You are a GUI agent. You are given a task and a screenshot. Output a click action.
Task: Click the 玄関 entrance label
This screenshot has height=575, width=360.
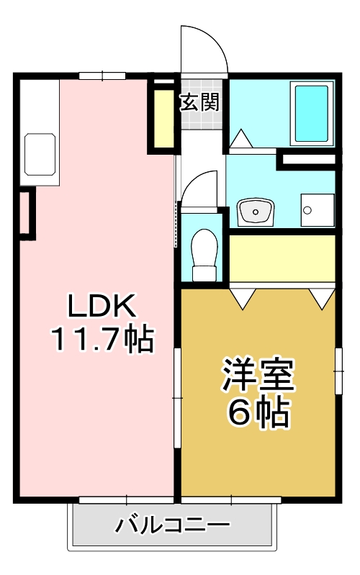[x=199, y=102]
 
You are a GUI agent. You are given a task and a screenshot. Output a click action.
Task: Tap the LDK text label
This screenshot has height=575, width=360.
[x=102, y=308]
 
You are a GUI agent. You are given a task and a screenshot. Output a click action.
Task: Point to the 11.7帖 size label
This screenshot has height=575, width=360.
[x=102, y=338]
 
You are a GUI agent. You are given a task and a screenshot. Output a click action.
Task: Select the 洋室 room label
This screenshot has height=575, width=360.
[x=258, y=376]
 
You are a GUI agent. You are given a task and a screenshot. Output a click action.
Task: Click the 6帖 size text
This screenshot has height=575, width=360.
[x=258, y=412]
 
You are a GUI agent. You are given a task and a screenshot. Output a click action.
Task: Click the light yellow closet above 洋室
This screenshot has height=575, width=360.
[x=282, y=258]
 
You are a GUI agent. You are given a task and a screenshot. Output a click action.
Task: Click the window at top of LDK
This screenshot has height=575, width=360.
[x=102, y=75]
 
